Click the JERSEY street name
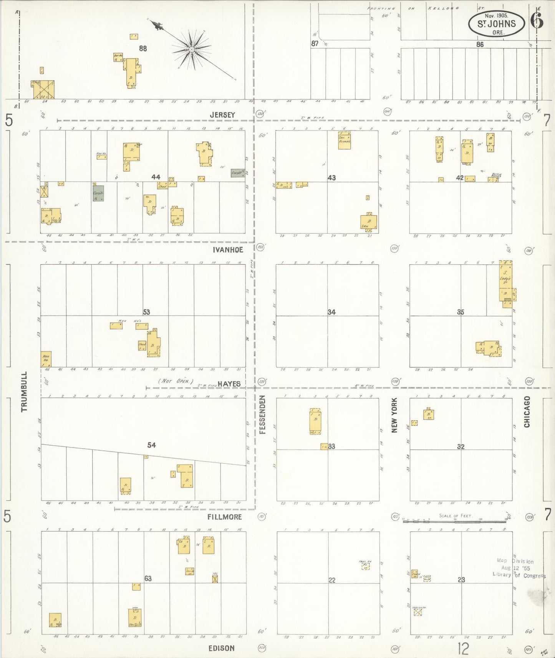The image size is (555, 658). [222, 115]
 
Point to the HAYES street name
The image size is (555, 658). [229, 384]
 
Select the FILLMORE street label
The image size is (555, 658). [225, 517]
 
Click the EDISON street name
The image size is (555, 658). [221, 648]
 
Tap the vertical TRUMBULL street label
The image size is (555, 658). [25, 392]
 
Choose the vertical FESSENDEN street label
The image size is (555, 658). [263, 415]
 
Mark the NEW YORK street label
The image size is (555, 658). [394, 415]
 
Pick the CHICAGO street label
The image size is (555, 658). [527, 412]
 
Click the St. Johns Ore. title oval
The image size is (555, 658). [496, 24]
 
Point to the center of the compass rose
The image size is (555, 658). [191, 50]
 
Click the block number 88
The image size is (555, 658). [143, 49]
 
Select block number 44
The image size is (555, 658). [156, 177]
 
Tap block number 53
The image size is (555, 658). [146, 312]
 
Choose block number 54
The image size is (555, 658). [152, 445]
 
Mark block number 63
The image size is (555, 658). [148, 579]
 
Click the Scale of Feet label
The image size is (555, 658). [456, 515]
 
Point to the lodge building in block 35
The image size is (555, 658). [506, 282]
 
